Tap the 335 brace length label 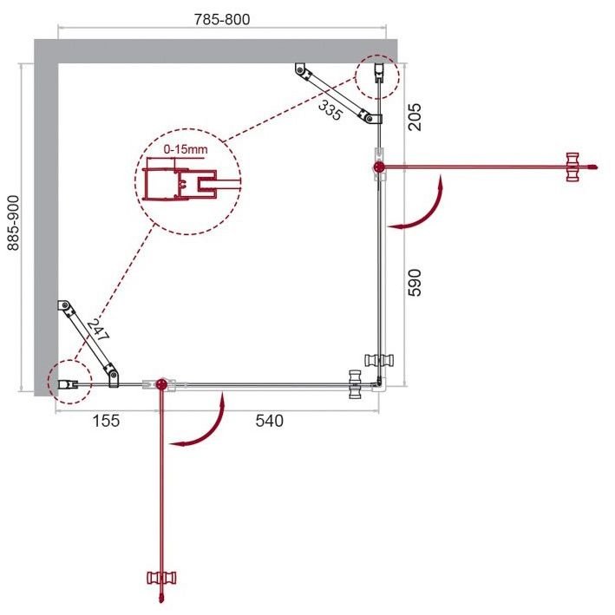pos(329,108)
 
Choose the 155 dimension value pos(104,421)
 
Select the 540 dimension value pos(269,421)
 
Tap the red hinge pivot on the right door pos(379,166)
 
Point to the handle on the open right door pos(572,166)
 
